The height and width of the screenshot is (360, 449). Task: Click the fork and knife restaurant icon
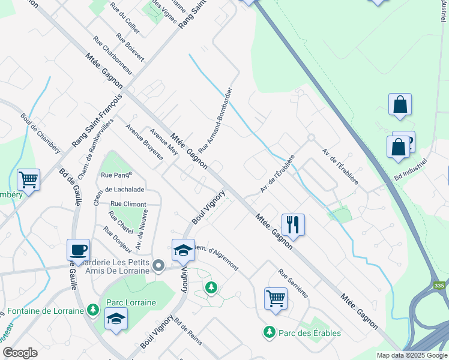click(293, 225)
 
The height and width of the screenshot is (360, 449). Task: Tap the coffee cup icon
click(79, 250)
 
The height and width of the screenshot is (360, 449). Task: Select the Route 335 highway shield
click(439, 287)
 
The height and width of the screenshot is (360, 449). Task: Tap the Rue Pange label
click(115, 175)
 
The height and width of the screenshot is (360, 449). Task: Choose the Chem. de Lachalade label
click(125, 190)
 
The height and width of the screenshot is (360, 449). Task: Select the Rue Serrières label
click(293, 283)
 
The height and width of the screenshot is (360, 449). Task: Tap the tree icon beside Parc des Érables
click(270, 332)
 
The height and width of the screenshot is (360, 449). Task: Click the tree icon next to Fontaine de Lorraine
click(92, 310)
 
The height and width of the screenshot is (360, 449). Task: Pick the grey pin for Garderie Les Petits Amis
click(158, 265)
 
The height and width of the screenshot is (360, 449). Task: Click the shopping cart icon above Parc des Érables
click(276, 298)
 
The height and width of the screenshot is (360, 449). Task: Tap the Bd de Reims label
click(189, 340)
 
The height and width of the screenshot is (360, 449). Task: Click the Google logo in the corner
click(20, 353)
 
